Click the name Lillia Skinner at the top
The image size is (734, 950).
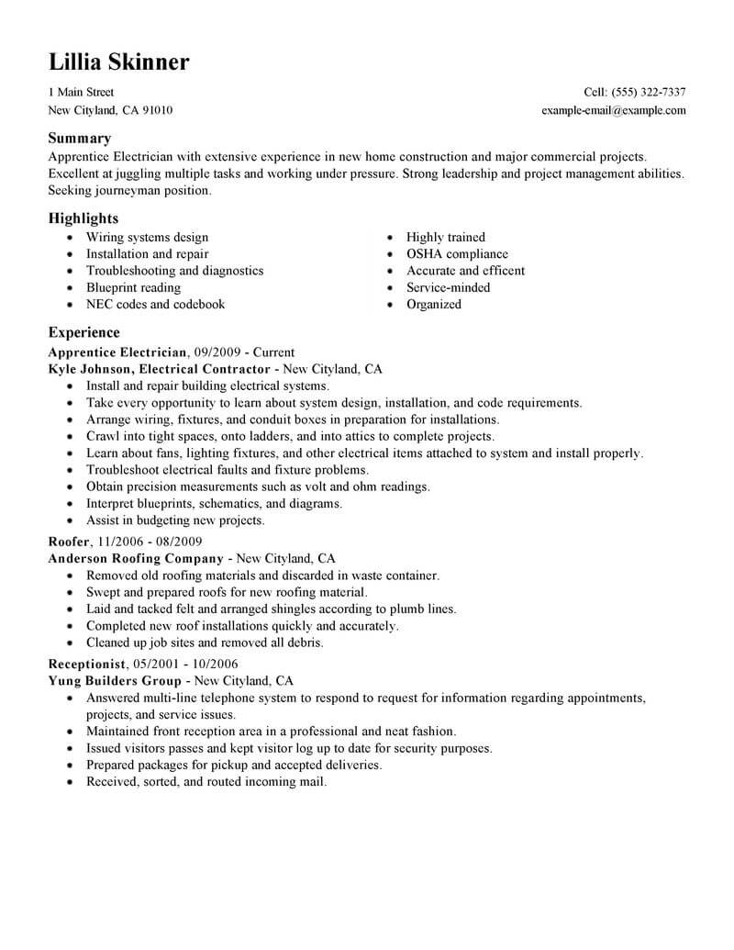tap(119, 62)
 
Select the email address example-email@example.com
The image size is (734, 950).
tap(614, 110)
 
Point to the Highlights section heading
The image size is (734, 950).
tap(83, 219)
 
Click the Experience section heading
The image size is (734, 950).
tap(83, 333)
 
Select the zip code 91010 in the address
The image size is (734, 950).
tap(157, 110)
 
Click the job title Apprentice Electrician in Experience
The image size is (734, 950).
tap(117, 352)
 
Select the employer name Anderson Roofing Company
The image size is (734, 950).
tap(136, 558)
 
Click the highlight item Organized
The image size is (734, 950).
tap(434, 304)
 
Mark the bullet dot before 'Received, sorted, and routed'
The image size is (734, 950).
tap(71, 783)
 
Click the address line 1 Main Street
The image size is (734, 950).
tap(81, 93)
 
